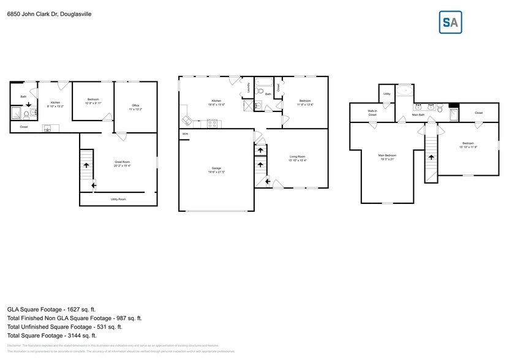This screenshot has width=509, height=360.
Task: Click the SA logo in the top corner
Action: pyautogui.click(x=451, y=22)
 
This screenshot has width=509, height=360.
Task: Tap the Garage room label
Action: pyautogui.click(x=216, y=168)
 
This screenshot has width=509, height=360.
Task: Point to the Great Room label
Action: pyautogui.click(x=122, y=162)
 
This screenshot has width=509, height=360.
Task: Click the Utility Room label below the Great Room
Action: pyautogui.click(x=118, y=199)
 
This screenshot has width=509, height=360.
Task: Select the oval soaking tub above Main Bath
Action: pyautogui.click(x=404, y=91)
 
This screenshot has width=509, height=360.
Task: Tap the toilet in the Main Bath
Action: pyautogui.click(x=440, y=109)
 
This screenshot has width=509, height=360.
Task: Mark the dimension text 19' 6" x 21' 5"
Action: pyautogui.click(x=216, y=172)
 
